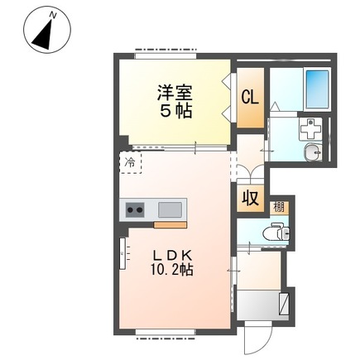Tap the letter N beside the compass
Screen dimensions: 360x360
tap(50, 13)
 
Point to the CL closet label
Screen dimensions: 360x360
tap(249, 97)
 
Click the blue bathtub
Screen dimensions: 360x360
tap(317, 87)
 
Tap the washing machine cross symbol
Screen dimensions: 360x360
tap(310, 130)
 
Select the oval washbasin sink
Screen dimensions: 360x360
tap(311, 152)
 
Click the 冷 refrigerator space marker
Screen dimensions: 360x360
tap(130, 162)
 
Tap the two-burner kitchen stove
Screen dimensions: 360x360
tap(135, 211)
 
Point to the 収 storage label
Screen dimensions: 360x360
tap(248, 199)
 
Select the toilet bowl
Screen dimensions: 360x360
tap(281, 234)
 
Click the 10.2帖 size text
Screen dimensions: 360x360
tap(173, 271)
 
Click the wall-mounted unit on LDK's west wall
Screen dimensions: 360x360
tap(124, 252)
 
